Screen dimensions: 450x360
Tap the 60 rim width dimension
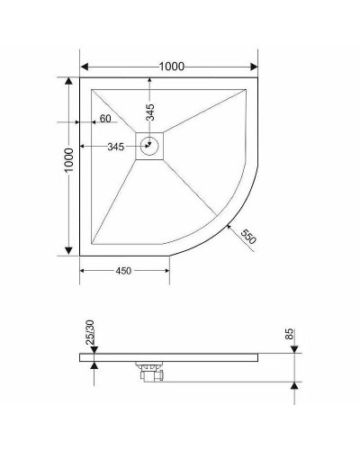[105, 119]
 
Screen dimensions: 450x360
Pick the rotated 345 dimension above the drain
[150, 112]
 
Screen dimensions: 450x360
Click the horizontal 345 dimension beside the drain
[115, 146]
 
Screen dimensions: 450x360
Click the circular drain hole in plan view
[150, 146]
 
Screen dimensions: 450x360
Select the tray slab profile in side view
[180, 356]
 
